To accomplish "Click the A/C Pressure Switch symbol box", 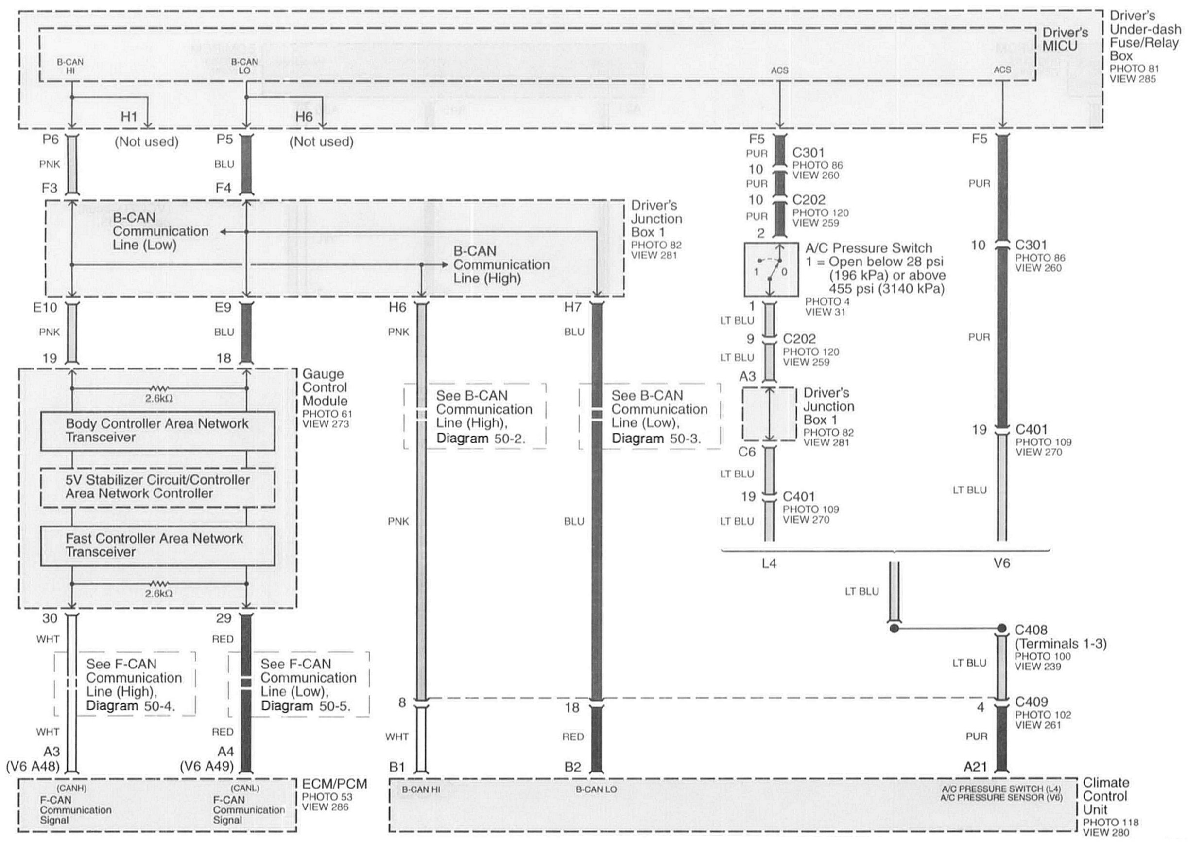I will [x=771, y=269].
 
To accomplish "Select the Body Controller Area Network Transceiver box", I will [x=157, y=431].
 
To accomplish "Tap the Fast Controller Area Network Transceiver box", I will [x=157, y=545].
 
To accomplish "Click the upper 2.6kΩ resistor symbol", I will [x=159, y=388].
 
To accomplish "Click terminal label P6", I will [x=50, y=139].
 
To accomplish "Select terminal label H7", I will [x=572, y=307].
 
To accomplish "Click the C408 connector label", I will [x=1031, y=630].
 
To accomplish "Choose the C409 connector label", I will [x=1031, y=702].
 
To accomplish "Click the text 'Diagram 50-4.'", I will [x=131, y=706].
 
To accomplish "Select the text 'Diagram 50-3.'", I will [x=656, y=439].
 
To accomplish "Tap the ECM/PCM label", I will [x=334, y=784].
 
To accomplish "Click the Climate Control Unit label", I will [x=1105, y=796].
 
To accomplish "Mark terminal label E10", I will [x=45, y=307].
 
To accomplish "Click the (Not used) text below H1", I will [x=147, y=141].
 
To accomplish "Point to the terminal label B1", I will [x=397, y=767].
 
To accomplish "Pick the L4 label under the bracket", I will [x=769, y=563].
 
